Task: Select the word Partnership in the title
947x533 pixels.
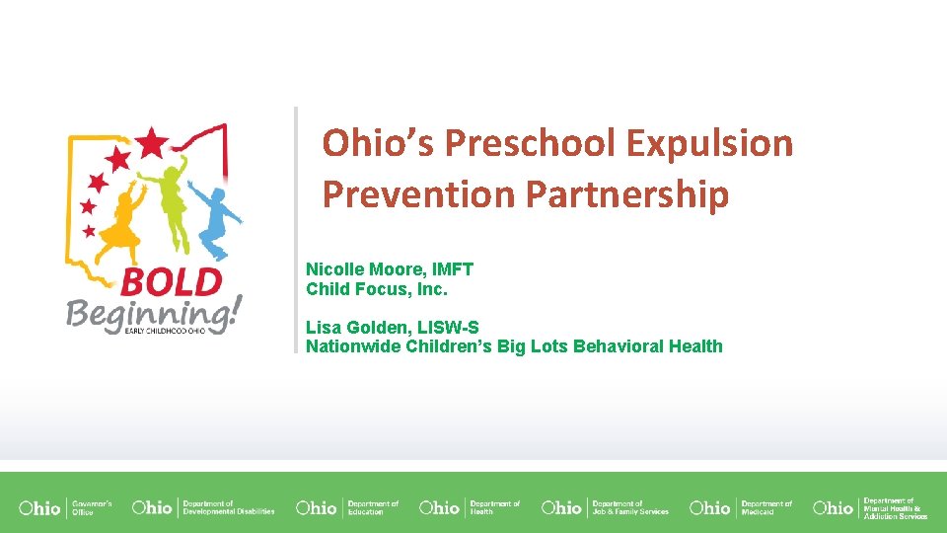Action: pos(627,194)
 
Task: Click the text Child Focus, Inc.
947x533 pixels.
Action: pos(377,289)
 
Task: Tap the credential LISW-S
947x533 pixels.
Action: pos(444,327)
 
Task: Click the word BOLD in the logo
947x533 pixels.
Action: pos(171,283)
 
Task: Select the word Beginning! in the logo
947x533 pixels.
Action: pos(152,315)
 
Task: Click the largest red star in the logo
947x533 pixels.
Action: pos(152,143)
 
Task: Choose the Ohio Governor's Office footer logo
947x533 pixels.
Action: pos(65,507)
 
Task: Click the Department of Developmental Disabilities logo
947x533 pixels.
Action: pos(202,507)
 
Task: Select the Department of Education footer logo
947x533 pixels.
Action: pos(347,507)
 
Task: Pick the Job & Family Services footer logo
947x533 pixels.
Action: pos(605,507)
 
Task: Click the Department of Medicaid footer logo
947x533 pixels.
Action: pos(741,507)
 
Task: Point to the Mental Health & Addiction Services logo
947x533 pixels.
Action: pos(870,507)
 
